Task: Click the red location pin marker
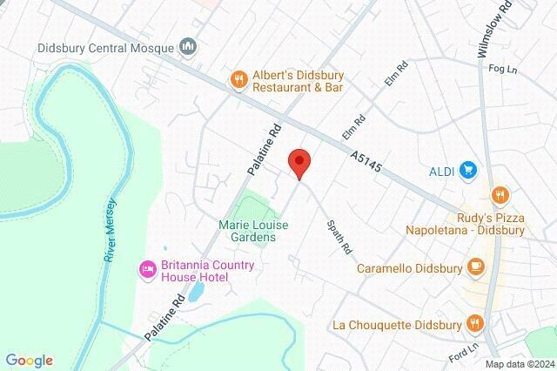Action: click(299, 163)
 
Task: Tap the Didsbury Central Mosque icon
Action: click(187, 46)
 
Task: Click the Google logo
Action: click(30, 361)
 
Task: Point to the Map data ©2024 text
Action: click(519, 364)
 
